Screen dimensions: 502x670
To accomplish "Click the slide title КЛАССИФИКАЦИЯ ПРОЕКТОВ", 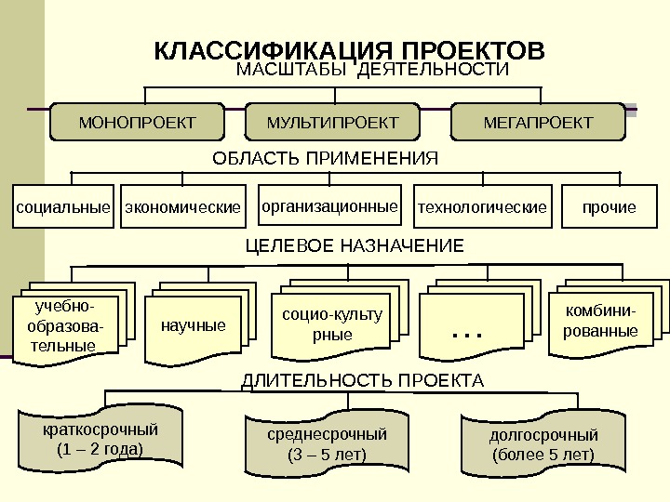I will pyautogui.click(x=348, y=49).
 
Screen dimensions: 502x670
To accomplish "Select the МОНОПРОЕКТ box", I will pyautogui.click(x=138, y=123).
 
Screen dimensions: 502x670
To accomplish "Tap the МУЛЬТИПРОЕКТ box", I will pyautogui.click(x=332, y=123).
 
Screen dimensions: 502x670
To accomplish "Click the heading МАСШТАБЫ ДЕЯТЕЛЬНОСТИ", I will pyautogui.click(x=374, y=71).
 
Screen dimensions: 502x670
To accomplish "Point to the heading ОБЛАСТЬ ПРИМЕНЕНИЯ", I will pyautogui.click(x=325, y=158).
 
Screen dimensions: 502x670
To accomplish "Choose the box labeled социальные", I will pyautogui.click(x=63, y=207).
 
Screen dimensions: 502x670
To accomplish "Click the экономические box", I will pyautogui.click(x=183, y=207).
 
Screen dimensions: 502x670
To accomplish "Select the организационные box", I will pyautogui.click(x=328, y=206).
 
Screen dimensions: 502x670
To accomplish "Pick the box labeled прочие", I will pyautogui.click(x=610, y=207).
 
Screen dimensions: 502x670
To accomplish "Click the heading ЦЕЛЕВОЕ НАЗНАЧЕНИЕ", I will pyautogui.click(x=354, y=246).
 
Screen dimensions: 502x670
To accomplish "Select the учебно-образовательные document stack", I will pyautogui.click(x=63, y=326).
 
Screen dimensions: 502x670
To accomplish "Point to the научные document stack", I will pyautogui.click(x=194, y=326).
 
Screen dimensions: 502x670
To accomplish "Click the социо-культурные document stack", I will pyautogui.click(x=331, y=324).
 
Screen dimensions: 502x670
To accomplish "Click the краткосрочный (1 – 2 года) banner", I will pyautogui.click(x=100, y=440).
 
